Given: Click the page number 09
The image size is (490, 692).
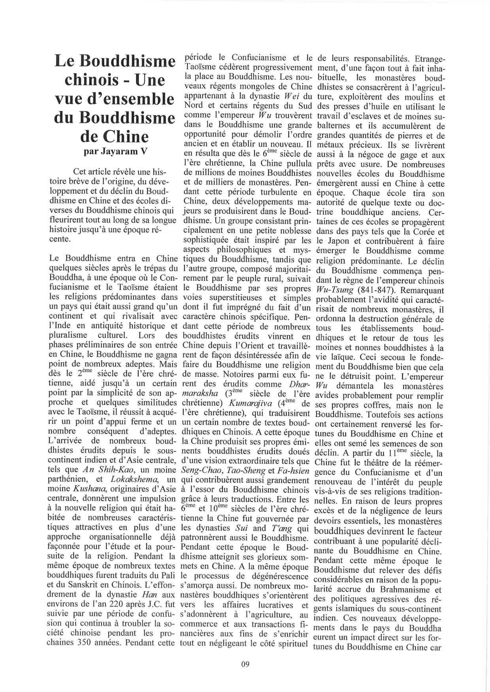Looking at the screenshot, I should point(245,664).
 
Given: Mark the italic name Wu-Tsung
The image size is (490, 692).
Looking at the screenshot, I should point(332,290).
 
